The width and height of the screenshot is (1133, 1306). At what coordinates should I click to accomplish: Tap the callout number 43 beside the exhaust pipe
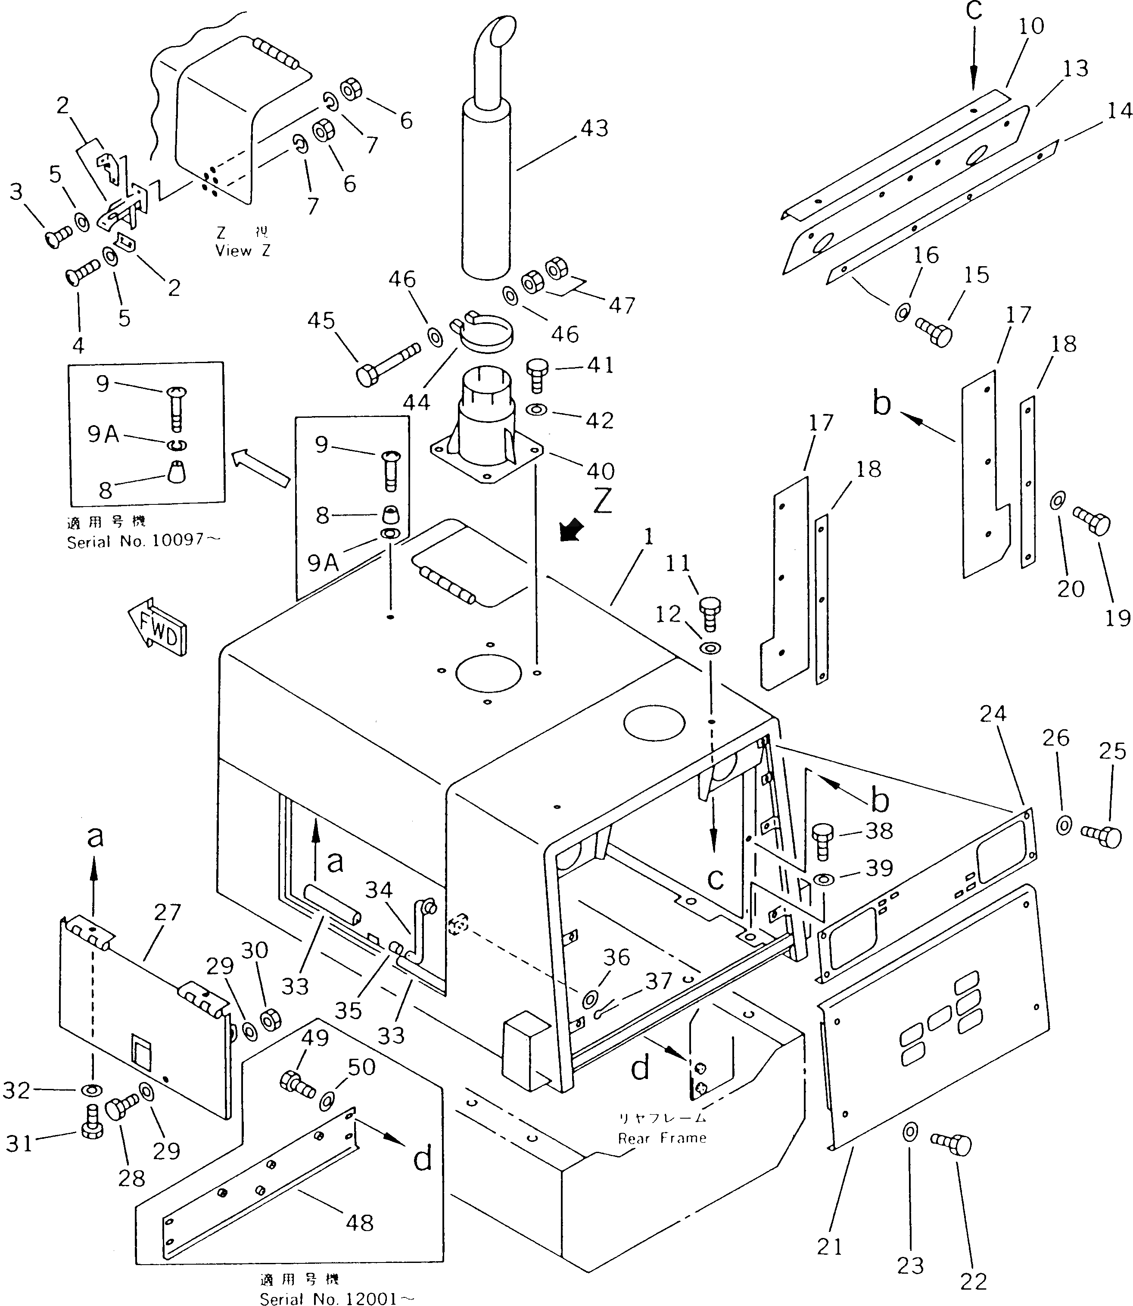pyautogui.click(x=595, y=128)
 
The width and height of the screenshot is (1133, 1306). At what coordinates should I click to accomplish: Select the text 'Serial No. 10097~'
pyautogui.click(x=144, y=541)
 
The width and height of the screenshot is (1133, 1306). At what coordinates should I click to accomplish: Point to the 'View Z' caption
pyautogui.click(x=243, y=251)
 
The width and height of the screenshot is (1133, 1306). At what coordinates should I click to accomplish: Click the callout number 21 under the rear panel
pyautogui.click(x=830, y=1247)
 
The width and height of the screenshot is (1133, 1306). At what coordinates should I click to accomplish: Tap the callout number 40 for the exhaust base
pyautogui.click(x=600, y=470)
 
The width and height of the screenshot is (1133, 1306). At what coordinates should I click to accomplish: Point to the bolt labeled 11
pyautogui.click(x=710, y=613)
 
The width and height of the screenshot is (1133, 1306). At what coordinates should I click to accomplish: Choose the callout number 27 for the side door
pyautogui.click(x=168, y=913)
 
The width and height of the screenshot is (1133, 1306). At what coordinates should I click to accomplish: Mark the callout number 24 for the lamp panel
pyautogui.click(x=993, y=714)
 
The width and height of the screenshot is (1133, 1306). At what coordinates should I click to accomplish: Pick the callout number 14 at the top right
pyautogui.click(x=1120, y=111)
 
